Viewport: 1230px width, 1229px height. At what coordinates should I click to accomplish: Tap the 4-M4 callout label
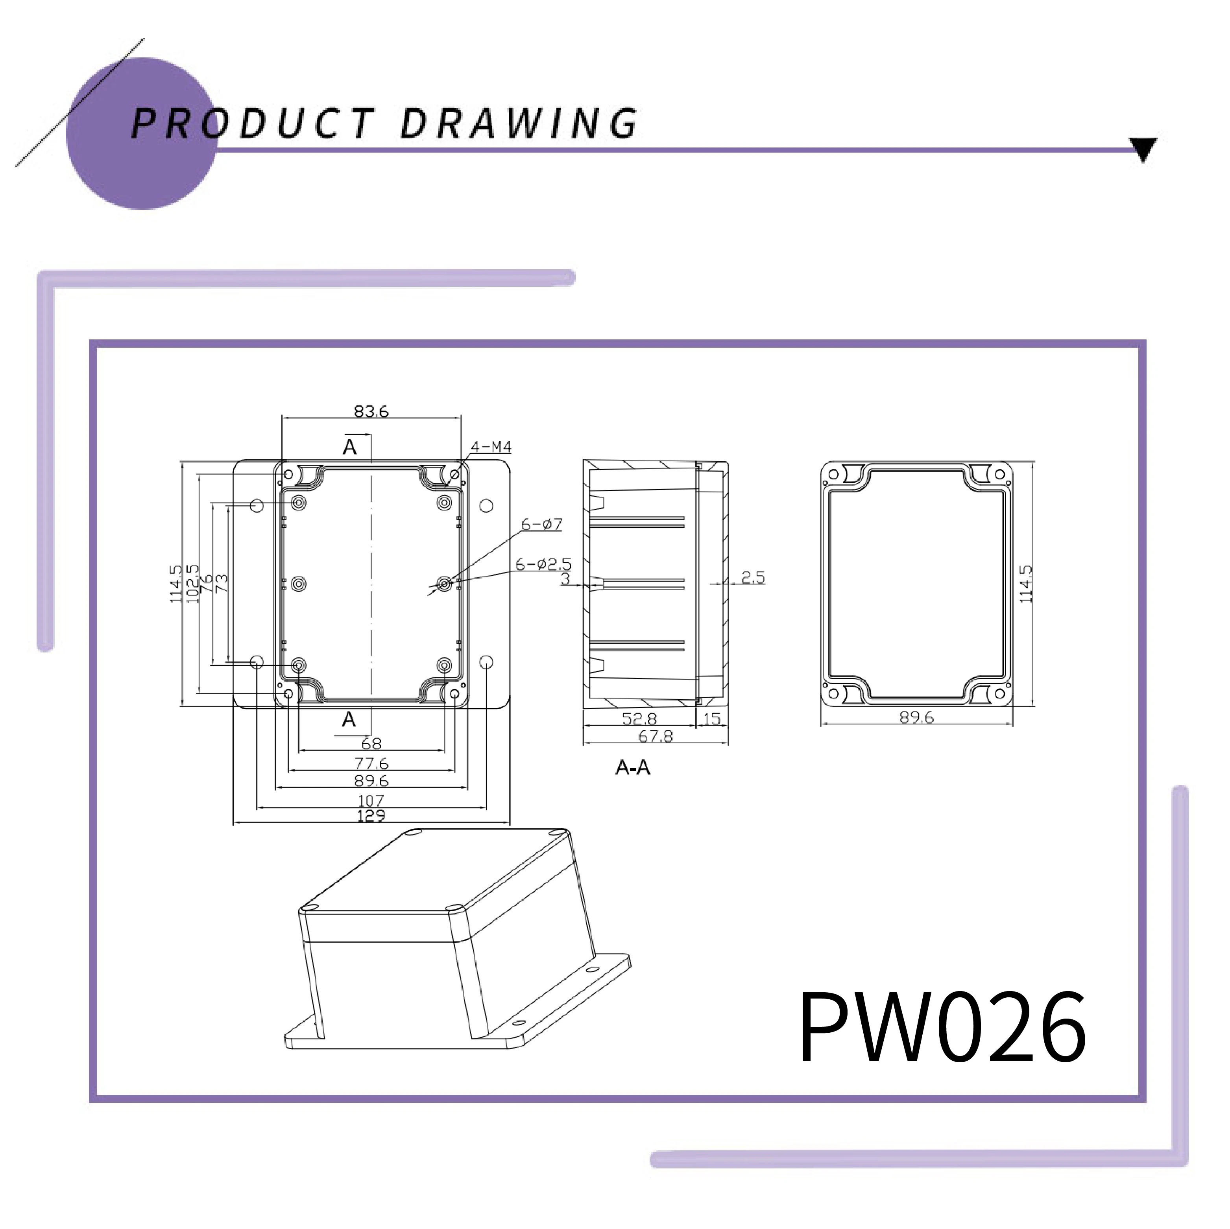pos(491,447)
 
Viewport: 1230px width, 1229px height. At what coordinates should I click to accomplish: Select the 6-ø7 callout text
pos(542,525)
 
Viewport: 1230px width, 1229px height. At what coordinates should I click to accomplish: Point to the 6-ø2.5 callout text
pos(543,564)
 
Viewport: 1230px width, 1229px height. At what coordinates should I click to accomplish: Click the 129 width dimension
pos(371,816)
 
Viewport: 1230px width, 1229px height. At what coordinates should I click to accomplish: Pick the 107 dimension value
pos(371,800)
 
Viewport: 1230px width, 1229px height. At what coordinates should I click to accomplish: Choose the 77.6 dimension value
pos(371,763)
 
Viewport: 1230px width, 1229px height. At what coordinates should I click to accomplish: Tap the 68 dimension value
pos(371,743)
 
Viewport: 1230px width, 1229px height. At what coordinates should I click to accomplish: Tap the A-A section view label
pos(633,768)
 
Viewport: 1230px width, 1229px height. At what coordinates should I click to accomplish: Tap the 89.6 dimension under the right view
pos(916,717)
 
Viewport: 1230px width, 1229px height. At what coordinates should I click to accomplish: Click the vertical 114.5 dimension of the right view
pos(1026,584)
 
